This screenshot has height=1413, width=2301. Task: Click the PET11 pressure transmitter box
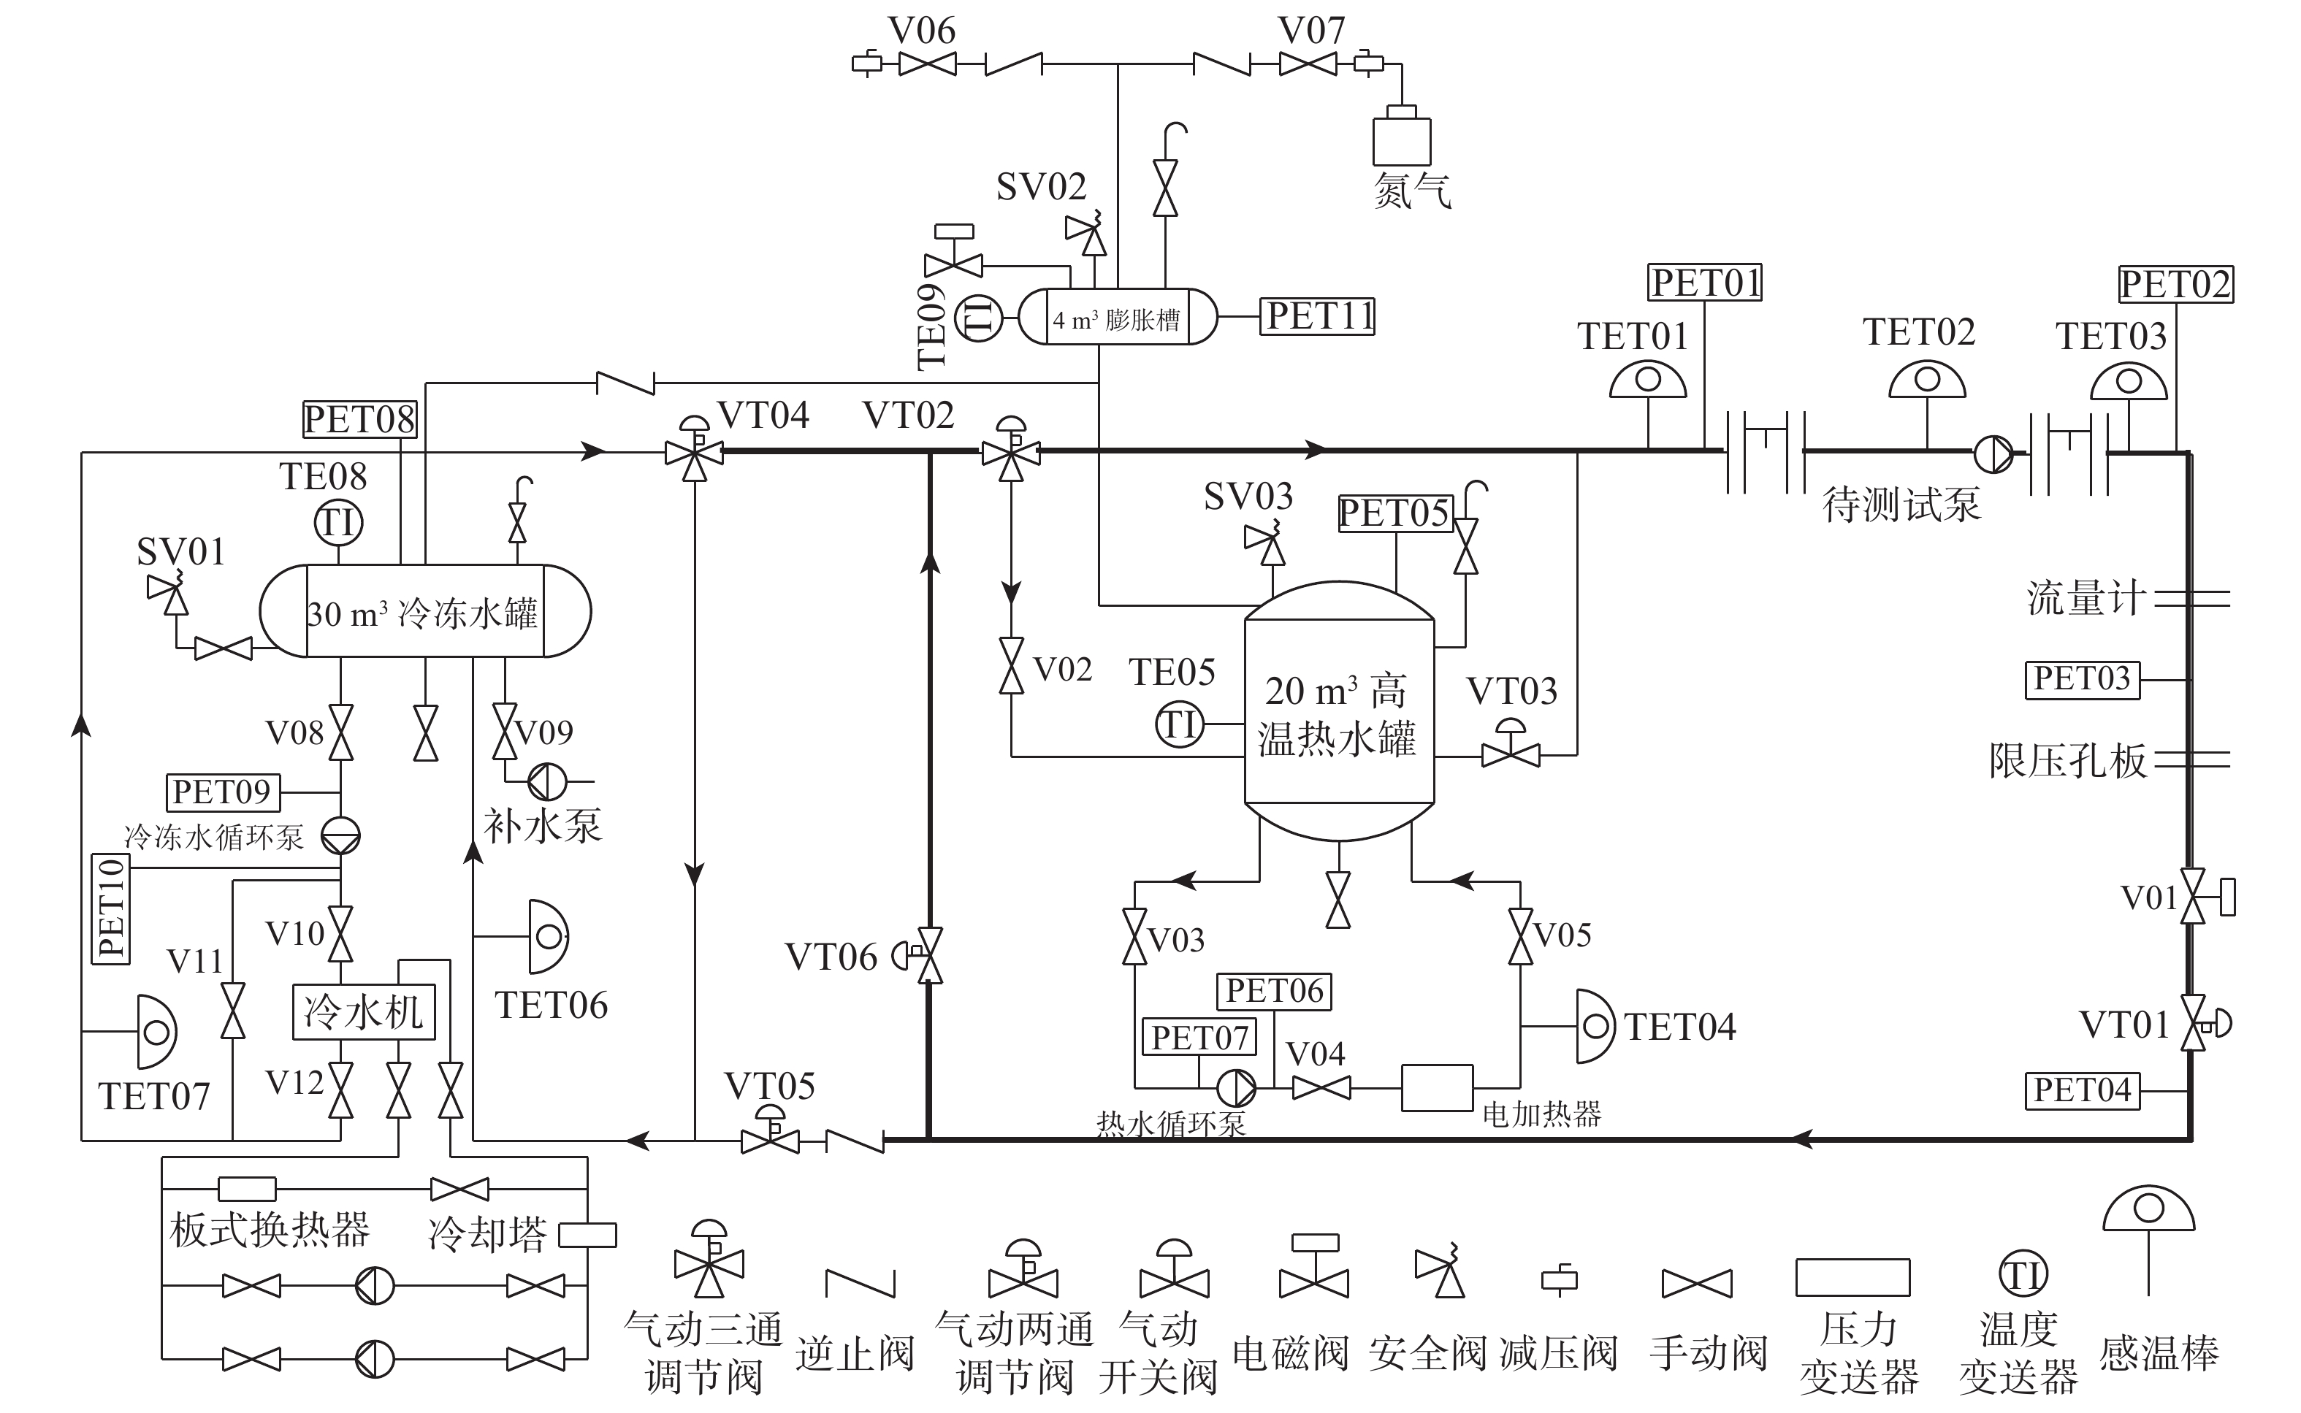point(1318,317)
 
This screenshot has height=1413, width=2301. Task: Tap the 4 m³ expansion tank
point(1117,317)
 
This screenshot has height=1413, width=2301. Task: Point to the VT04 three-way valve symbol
point(693,450)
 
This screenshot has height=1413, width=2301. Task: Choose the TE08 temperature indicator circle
point(338,522)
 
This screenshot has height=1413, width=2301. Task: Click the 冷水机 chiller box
point(364,1012)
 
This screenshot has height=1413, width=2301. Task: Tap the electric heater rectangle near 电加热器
point(1437,1088)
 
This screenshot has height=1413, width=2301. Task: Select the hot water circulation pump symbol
point(1235,1088)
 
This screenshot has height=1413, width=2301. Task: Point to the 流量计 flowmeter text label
point(2085,598)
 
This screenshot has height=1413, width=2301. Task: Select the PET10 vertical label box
point(111,908)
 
